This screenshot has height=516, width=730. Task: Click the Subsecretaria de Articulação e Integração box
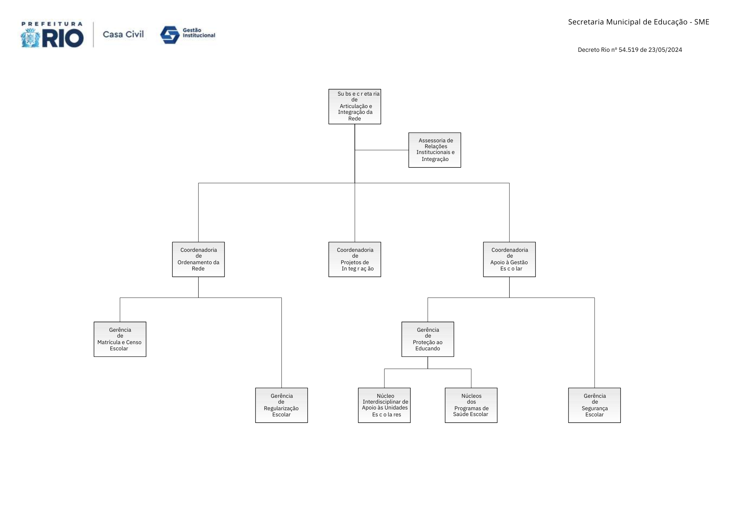coord(354,107)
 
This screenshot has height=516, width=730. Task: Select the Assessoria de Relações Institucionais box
coord(434,150)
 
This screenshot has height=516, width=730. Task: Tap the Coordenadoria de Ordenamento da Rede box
coord(198,259)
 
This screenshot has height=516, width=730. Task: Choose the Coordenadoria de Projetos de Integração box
coord(354,259)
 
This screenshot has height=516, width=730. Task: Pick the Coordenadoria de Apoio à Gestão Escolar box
coord(509,259)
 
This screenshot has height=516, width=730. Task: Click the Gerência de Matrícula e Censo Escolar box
coord(120,339)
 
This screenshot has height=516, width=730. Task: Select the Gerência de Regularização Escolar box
coord(281,405)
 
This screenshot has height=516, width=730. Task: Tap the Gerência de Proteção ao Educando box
coord(427,339)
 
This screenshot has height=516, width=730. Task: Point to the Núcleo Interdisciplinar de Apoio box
coord(384,405)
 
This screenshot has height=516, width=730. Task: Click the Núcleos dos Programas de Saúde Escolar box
coord(471,405)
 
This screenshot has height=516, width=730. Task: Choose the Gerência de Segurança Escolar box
coord(594,405)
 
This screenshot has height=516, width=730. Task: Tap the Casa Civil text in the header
coord(123,34)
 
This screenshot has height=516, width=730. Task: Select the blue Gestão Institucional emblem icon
coord(170,35)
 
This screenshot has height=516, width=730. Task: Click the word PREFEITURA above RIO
coord(52,24)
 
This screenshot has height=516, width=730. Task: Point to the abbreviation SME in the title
coord(702,22)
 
